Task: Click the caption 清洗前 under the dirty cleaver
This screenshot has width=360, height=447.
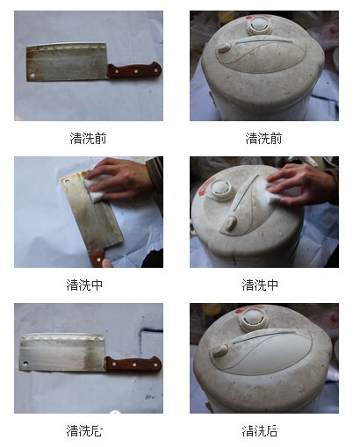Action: point(89,138)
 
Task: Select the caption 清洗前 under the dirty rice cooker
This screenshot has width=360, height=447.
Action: point(263,138)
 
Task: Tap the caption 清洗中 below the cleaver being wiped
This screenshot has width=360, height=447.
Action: point(85,285)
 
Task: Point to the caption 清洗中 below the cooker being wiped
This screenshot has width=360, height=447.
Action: point(261,285)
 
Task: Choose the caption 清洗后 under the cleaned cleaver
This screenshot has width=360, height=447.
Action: point(85,430)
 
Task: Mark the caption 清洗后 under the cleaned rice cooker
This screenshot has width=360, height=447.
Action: point(261,430)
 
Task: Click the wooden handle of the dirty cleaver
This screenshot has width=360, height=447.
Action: point(133,70)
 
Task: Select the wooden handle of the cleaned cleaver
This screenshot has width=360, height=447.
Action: point(133,364)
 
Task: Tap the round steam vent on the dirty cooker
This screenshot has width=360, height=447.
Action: point(259,25)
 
